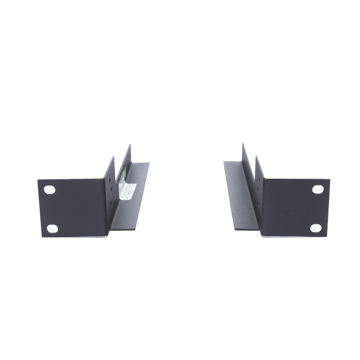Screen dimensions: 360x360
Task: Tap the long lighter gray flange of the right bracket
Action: (236, 194)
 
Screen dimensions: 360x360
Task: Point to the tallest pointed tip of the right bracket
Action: (242, 142)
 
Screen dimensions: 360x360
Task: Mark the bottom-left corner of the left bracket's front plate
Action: (42, 237)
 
